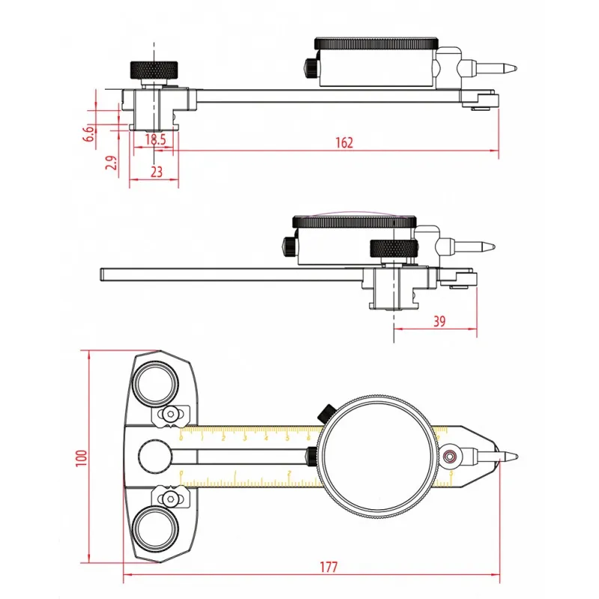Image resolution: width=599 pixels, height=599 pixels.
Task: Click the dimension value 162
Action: click(344, 142)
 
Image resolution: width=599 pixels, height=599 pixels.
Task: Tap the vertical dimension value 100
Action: click(82, 457)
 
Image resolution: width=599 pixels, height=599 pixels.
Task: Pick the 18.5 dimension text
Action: click(155, 139)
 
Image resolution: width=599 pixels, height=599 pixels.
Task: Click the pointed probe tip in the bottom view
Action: click(512, 456)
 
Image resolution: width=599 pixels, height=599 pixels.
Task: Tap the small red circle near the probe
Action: click(451, 456)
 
